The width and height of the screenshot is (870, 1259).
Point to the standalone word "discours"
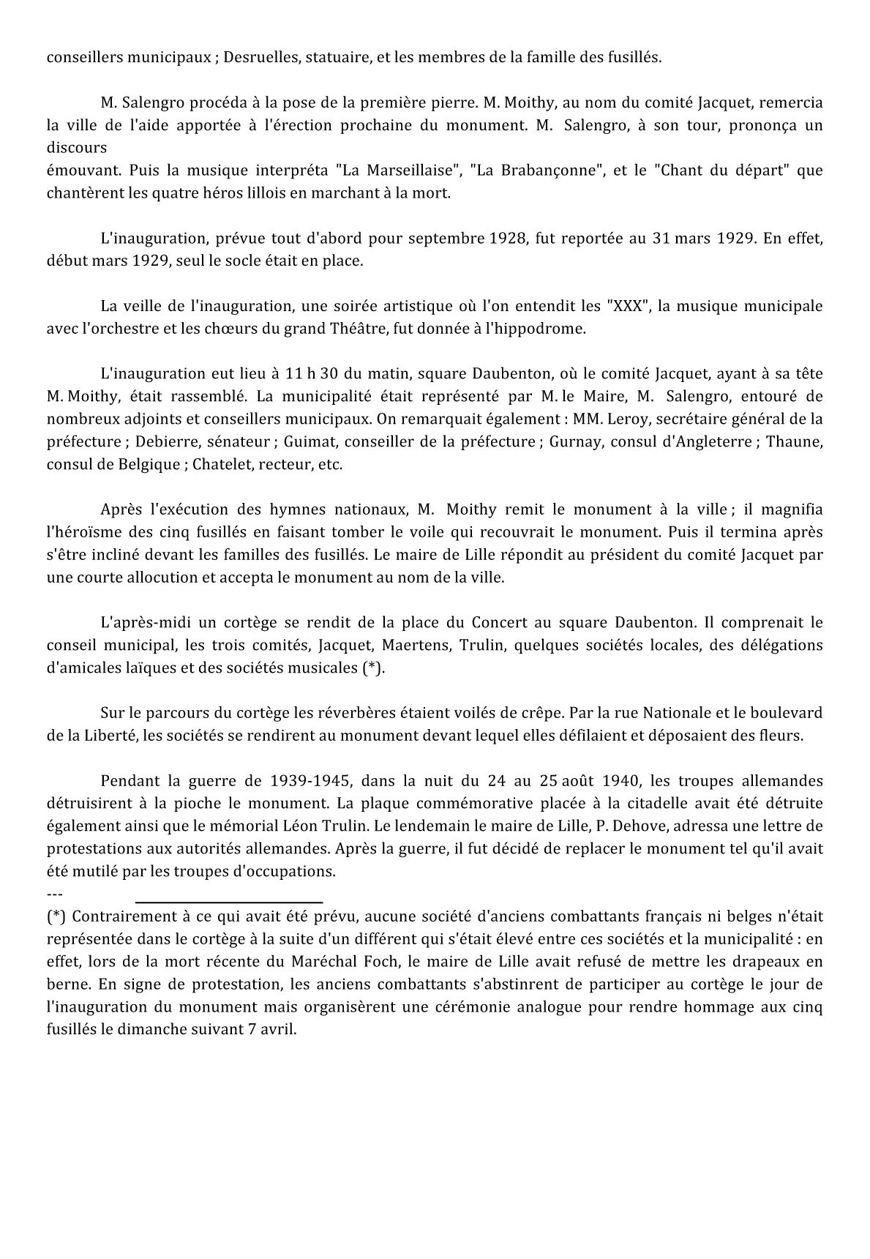(x=76, y=148)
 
